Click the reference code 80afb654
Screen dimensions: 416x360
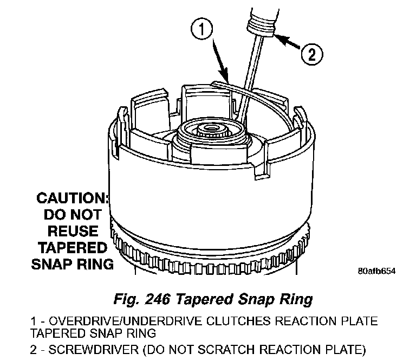point(376,271)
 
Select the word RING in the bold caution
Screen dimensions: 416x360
point(97,265)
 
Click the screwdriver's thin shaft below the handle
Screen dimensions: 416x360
point(251,76)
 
